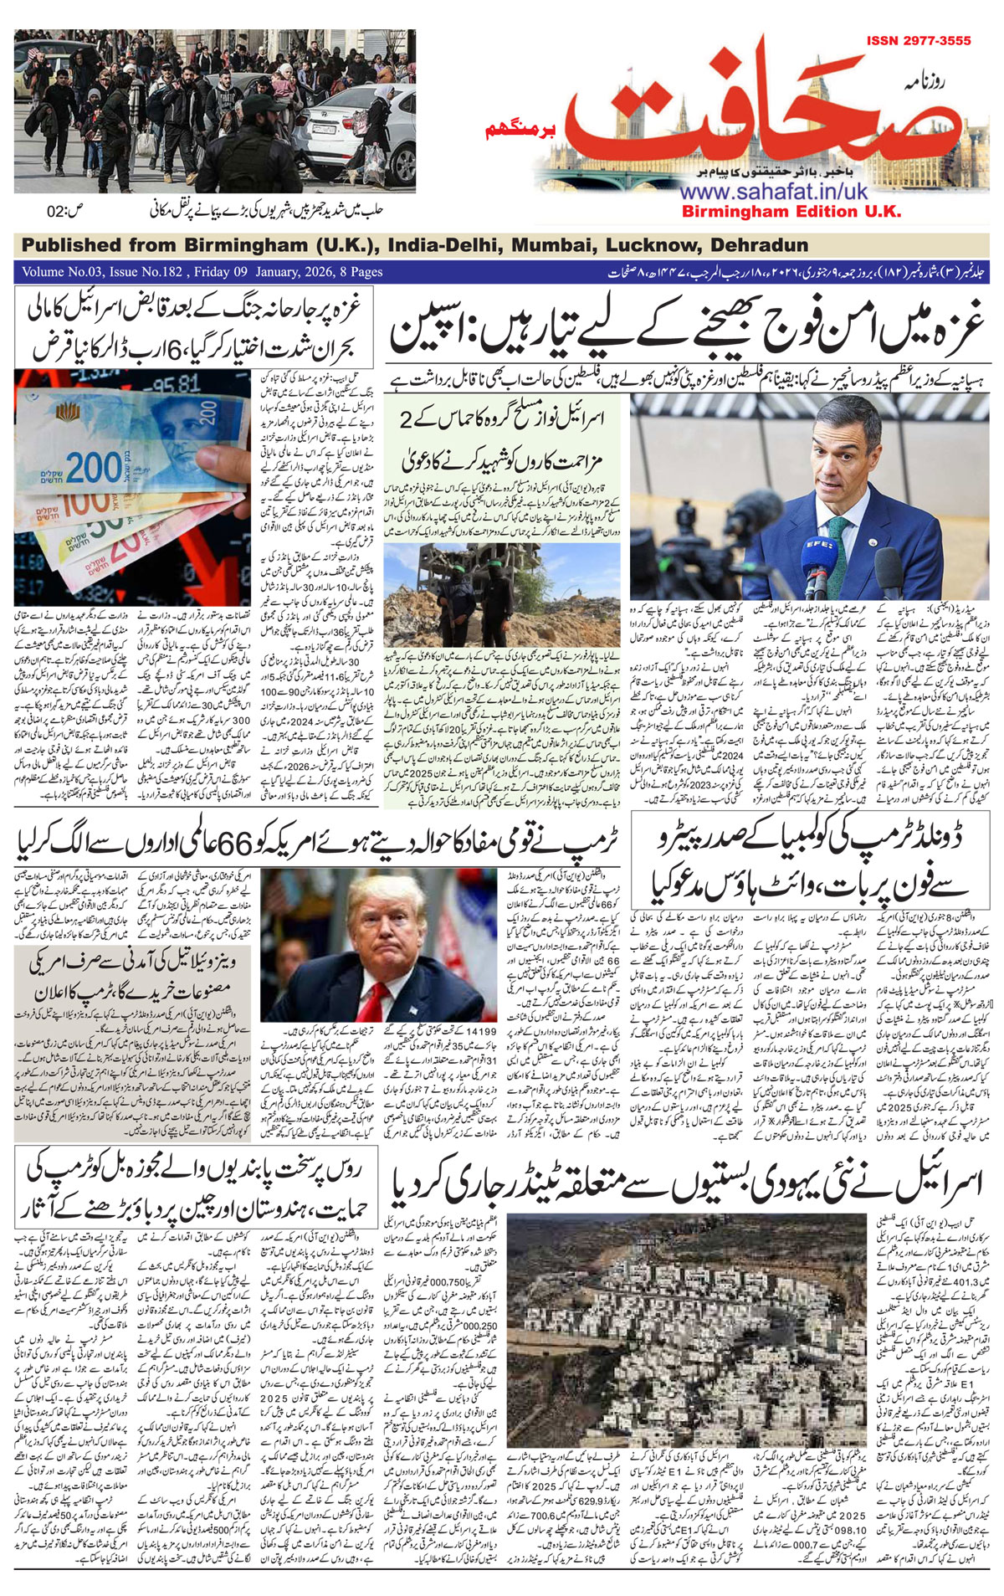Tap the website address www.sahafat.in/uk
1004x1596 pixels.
coord(774,192)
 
